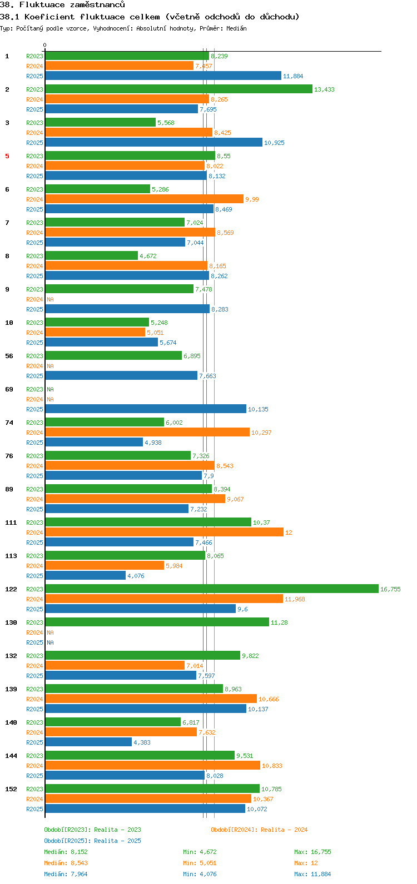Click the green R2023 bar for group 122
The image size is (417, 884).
[211, 589]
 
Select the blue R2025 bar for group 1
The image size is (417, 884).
[163, 76]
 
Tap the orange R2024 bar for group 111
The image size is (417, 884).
[164, 532]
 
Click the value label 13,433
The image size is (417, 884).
[324, 89]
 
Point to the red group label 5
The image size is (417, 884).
[7, 156]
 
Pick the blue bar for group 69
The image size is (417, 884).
[145, 409]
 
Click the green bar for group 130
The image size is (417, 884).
[157, 622]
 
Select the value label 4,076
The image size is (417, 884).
[136, 576]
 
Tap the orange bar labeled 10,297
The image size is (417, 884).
[147, 432]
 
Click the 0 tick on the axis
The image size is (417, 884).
[45, 46]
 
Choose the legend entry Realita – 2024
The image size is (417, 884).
[259, 830]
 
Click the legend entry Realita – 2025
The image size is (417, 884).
[92, 841]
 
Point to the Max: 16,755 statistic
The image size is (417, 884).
[312, 852]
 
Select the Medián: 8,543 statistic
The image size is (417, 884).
[66, 863]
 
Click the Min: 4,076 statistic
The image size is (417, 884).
[200, 874]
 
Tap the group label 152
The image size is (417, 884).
[11, 789]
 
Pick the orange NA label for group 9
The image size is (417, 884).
[50, 299]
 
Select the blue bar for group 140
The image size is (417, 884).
[88, 742]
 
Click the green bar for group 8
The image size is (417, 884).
[91, 255]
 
